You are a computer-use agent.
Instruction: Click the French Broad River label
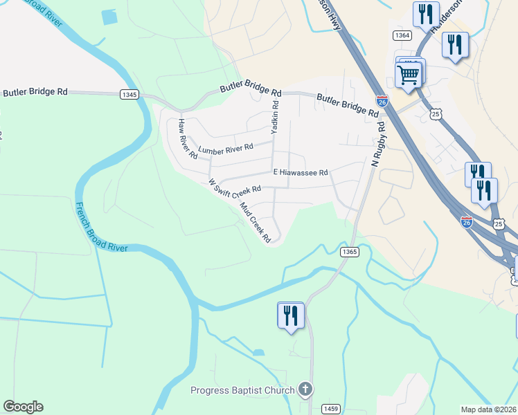click(x=100, y=228)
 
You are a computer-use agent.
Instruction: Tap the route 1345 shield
click(x=128, y=95)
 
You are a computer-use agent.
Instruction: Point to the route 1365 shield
click(x=349, y=252)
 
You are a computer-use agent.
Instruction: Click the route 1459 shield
click(x=331, y=409)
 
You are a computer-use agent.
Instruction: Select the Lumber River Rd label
click(x=226, y=148)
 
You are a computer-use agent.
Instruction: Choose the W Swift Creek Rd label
click(x=235, y=186)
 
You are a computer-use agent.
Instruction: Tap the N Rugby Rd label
click(x=379, y=145)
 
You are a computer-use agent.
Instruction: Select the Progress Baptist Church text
click(x=242, y=391)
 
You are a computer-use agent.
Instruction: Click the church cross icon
click(x=305, y=389)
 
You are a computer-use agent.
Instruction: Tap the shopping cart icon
click(x=409, y=73)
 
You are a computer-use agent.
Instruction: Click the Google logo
click(x=23, y=407)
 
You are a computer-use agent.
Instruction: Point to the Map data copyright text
click(x=489, y=409)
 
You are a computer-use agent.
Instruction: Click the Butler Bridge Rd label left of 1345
click(x=35, y=91)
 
